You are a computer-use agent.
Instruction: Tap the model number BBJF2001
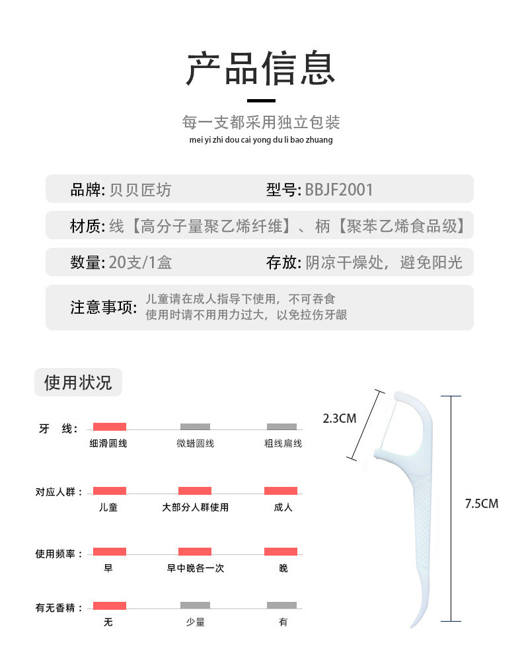point(339,190)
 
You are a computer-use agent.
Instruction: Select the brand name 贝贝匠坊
point(139,190)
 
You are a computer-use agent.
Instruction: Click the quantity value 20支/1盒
point(141,262)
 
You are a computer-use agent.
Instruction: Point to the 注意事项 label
point(104,307)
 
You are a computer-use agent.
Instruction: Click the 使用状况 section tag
point(78,382)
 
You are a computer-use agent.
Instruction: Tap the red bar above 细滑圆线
point(109,427)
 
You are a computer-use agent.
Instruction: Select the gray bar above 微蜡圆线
point(195,427)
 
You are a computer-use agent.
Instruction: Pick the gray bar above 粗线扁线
point(281,427)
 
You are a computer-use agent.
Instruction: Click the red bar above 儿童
point(109,491)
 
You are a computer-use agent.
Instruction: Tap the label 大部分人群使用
point(195,507)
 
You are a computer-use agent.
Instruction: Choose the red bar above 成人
point(281,491)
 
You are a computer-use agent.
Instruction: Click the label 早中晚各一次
point(195,568)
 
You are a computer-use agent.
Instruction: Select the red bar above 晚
point(281,552)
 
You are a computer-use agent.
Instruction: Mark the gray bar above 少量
point(195,605)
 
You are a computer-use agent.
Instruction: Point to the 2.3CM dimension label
point(340,418)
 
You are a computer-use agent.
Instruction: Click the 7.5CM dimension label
point(481,503)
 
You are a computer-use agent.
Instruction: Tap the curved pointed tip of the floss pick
point(413,624)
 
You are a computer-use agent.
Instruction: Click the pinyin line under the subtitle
point(260,140)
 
